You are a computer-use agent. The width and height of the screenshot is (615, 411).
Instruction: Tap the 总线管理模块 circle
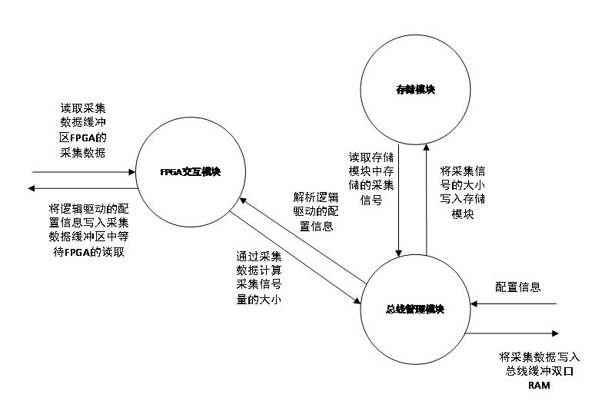coord(415,309)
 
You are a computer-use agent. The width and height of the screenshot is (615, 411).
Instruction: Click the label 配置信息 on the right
coord(518,287)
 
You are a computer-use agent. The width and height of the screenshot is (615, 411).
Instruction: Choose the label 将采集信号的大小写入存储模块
coord(461,192)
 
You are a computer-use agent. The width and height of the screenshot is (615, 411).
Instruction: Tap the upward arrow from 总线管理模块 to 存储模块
coord(425,200)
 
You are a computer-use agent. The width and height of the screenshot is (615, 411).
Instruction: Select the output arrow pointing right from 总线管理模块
coord(512,333)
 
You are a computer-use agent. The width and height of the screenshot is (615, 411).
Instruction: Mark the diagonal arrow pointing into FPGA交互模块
coord(300,238)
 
